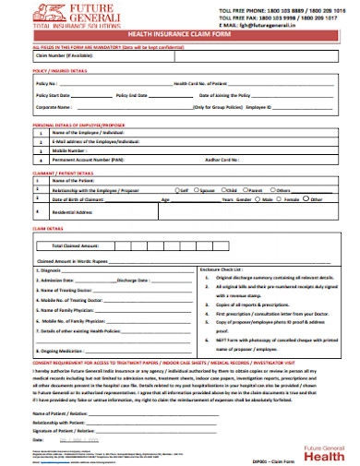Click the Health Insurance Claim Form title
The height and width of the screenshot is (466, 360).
pyautogui.click(x=180, y=33)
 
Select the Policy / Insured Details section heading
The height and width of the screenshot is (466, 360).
pyautogui.click(x=60, y=70)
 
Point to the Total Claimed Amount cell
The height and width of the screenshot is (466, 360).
pyautogui.click(x=76, y=246)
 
